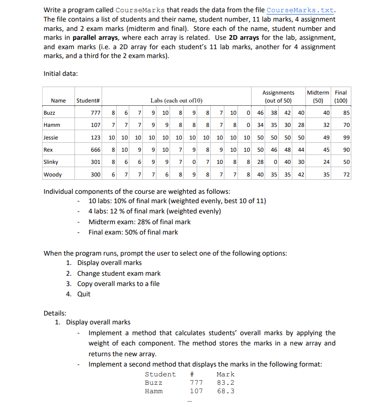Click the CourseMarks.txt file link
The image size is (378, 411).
(300, 10)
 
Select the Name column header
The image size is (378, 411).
(58, 101)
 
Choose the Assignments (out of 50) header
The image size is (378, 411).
(278, 96)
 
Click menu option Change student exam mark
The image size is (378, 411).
(119, 273)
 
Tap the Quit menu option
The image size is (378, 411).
(84, 294)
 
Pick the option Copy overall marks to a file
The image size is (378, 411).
(118, 284)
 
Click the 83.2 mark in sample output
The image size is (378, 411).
(226, 382)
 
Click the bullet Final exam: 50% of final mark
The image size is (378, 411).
(133, 232)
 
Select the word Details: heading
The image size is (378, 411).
(55, 313)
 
